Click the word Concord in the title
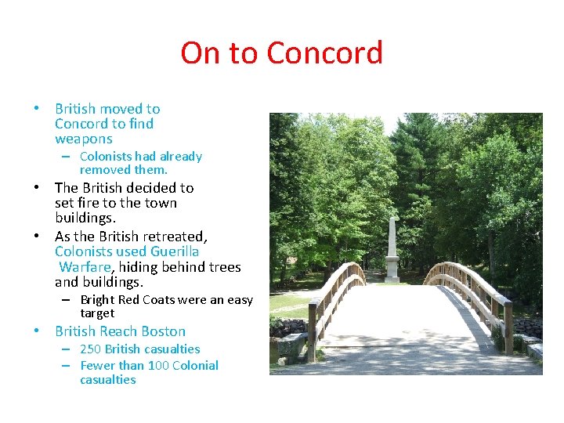click(x=324, y=53)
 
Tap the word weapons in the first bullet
click(x=84, y=139)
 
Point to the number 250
click(x=90, y=349)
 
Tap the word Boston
click(x=164, y=331)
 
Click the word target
click(x=97, y=313)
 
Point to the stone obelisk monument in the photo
click(x=392, y=249)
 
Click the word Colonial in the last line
click(x=195, y=366)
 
